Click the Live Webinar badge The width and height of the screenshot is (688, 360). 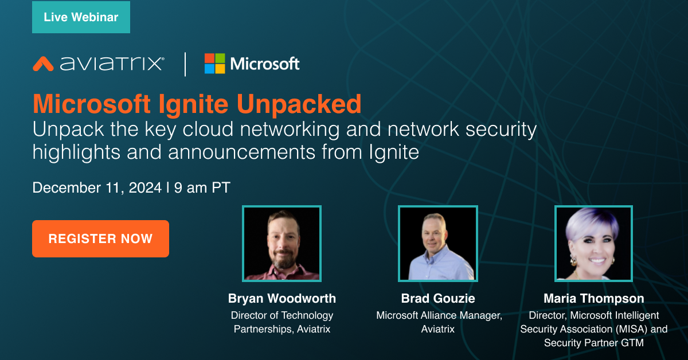coord(81,17)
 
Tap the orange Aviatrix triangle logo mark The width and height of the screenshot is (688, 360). coord(43,63)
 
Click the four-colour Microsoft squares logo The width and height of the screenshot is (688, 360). coord(215,63)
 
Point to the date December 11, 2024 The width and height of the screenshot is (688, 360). coord(97,187)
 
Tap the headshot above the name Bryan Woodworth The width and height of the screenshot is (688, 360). coord(282,244)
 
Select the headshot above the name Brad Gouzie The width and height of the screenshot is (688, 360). coord(438,244)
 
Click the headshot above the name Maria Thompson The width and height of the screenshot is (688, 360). coord(593,244)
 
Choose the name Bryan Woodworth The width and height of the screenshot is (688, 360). coord(282,299)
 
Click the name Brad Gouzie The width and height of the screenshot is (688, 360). coord(438,299)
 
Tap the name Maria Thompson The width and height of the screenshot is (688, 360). coord(593,299)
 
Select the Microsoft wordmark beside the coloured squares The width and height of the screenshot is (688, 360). coord(265,63)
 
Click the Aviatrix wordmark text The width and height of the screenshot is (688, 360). coord(111,63)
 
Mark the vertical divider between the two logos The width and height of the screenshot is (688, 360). coord(185,63)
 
